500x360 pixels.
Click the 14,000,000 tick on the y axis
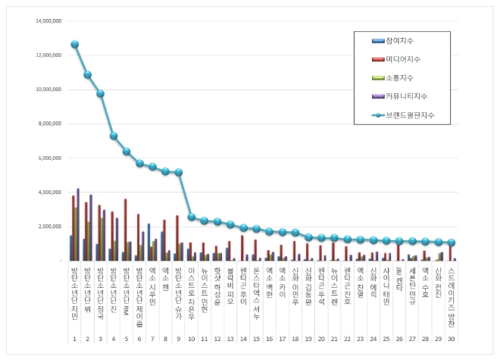(x=48, y=21)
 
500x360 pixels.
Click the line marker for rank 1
(x=74, y=45)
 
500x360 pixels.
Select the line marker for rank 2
(x=88, y=74)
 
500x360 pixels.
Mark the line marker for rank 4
(x=114, y=136)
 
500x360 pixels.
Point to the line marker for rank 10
(x=192, y=217)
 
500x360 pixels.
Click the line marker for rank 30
(x=452, y=243)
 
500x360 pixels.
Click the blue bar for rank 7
(x=148, y=242)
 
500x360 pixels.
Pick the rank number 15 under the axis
(x=257, y=319)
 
